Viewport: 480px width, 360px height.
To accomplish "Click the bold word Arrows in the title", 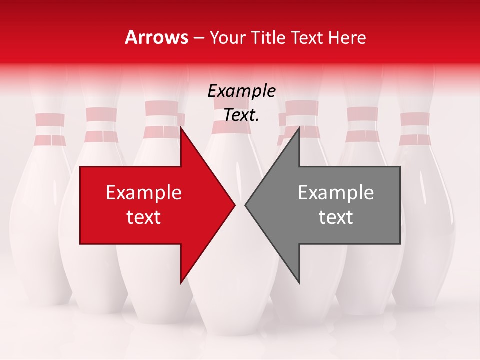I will coord(156,37).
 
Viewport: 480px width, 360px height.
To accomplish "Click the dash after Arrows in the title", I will coord(199,38).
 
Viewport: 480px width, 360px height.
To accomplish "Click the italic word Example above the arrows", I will coord(241,91).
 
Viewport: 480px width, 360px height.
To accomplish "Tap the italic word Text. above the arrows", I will coord(241,115).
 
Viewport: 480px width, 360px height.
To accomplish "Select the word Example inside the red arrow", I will coord(144,193).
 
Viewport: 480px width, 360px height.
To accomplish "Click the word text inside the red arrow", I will coord(144,217).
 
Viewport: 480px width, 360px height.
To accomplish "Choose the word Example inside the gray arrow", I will coord(336,193).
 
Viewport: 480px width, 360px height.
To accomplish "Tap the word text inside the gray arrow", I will coord(336,217).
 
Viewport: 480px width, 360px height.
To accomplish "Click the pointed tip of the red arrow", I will coord(235,205).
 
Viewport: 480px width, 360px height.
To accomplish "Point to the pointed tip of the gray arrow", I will coord(245,205).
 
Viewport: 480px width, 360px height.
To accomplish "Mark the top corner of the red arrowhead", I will coord(181,128).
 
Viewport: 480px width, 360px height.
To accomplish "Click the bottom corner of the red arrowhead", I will coord(181,283).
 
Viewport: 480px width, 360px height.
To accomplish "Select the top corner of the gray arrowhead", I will coord(299,128).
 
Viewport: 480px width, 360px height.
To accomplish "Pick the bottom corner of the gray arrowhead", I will coord(299,283).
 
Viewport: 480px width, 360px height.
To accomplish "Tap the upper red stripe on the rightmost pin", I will coord(415,119).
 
